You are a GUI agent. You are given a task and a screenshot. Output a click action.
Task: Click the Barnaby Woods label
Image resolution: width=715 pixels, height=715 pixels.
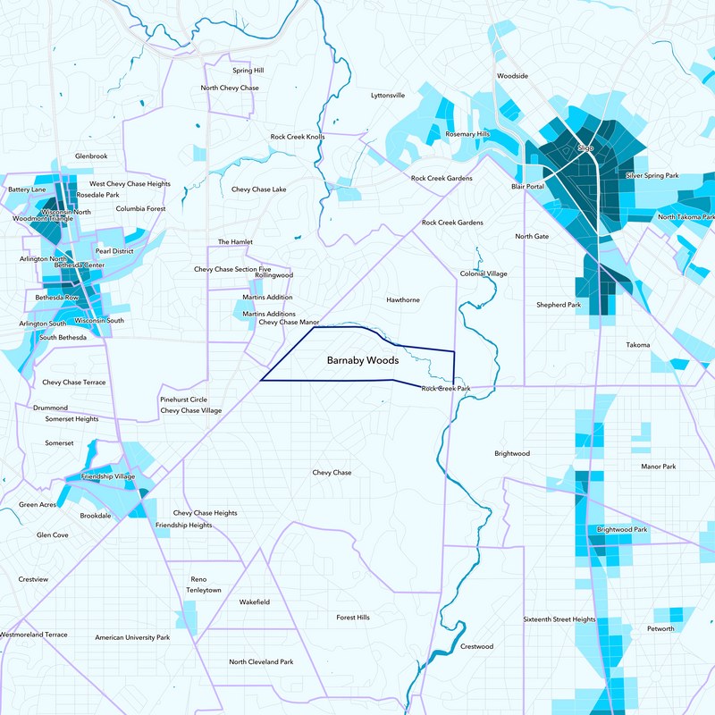pos(362,361)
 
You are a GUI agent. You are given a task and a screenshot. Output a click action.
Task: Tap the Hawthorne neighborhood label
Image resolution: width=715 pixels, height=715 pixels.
pos(402,300)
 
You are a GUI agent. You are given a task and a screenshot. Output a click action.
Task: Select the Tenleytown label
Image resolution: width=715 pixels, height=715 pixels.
pos(203,591)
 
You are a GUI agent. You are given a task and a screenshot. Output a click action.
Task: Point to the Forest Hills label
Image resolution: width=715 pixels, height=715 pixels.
pos(352,618)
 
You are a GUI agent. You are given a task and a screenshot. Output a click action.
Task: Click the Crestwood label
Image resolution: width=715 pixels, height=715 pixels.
pos(476,646)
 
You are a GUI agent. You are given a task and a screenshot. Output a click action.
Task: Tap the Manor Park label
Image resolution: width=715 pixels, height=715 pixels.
pos(659,467)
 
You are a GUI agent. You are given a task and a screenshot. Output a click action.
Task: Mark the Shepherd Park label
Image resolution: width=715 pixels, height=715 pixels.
pos(558,305)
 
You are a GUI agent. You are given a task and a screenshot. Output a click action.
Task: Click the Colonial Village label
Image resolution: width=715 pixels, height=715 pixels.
pos(484,273)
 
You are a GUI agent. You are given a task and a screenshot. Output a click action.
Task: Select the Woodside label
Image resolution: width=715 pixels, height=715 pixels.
pos(513,77)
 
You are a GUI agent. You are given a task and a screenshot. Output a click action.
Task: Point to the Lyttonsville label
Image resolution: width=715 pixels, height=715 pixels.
pos(388,95)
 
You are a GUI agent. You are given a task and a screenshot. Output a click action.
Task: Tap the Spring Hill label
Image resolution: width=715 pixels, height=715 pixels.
pos(248,70)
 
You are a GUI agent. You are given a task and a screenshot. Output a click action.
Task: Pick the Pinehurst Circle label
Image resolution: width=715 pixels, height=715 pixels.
pos(183,400)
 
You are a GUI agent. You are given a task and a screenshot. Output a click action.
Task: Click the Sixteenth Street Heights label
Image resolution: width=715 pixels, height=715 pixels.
pos(559,619)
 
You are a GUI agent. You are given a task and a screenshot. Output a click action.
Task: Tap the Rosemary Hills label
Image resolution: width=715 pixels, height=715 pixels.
pos(467,134)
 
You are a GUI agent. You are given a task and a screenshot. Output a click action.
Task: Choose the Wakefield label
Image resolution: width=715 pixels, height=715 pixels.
pos(254,602)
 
